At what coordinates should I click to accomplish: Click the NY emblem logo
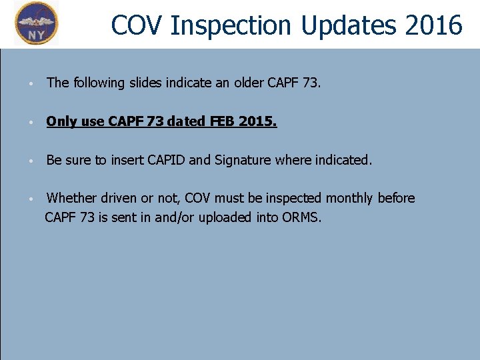click(x=37, y=23)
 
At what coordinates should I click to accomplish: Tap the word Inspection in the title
click(x=231, y=25)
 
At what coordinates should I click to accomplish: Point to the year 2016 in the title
click(x=432, y=25)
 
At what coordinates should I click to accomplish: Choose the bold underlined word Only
click(x=61, y=122)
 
